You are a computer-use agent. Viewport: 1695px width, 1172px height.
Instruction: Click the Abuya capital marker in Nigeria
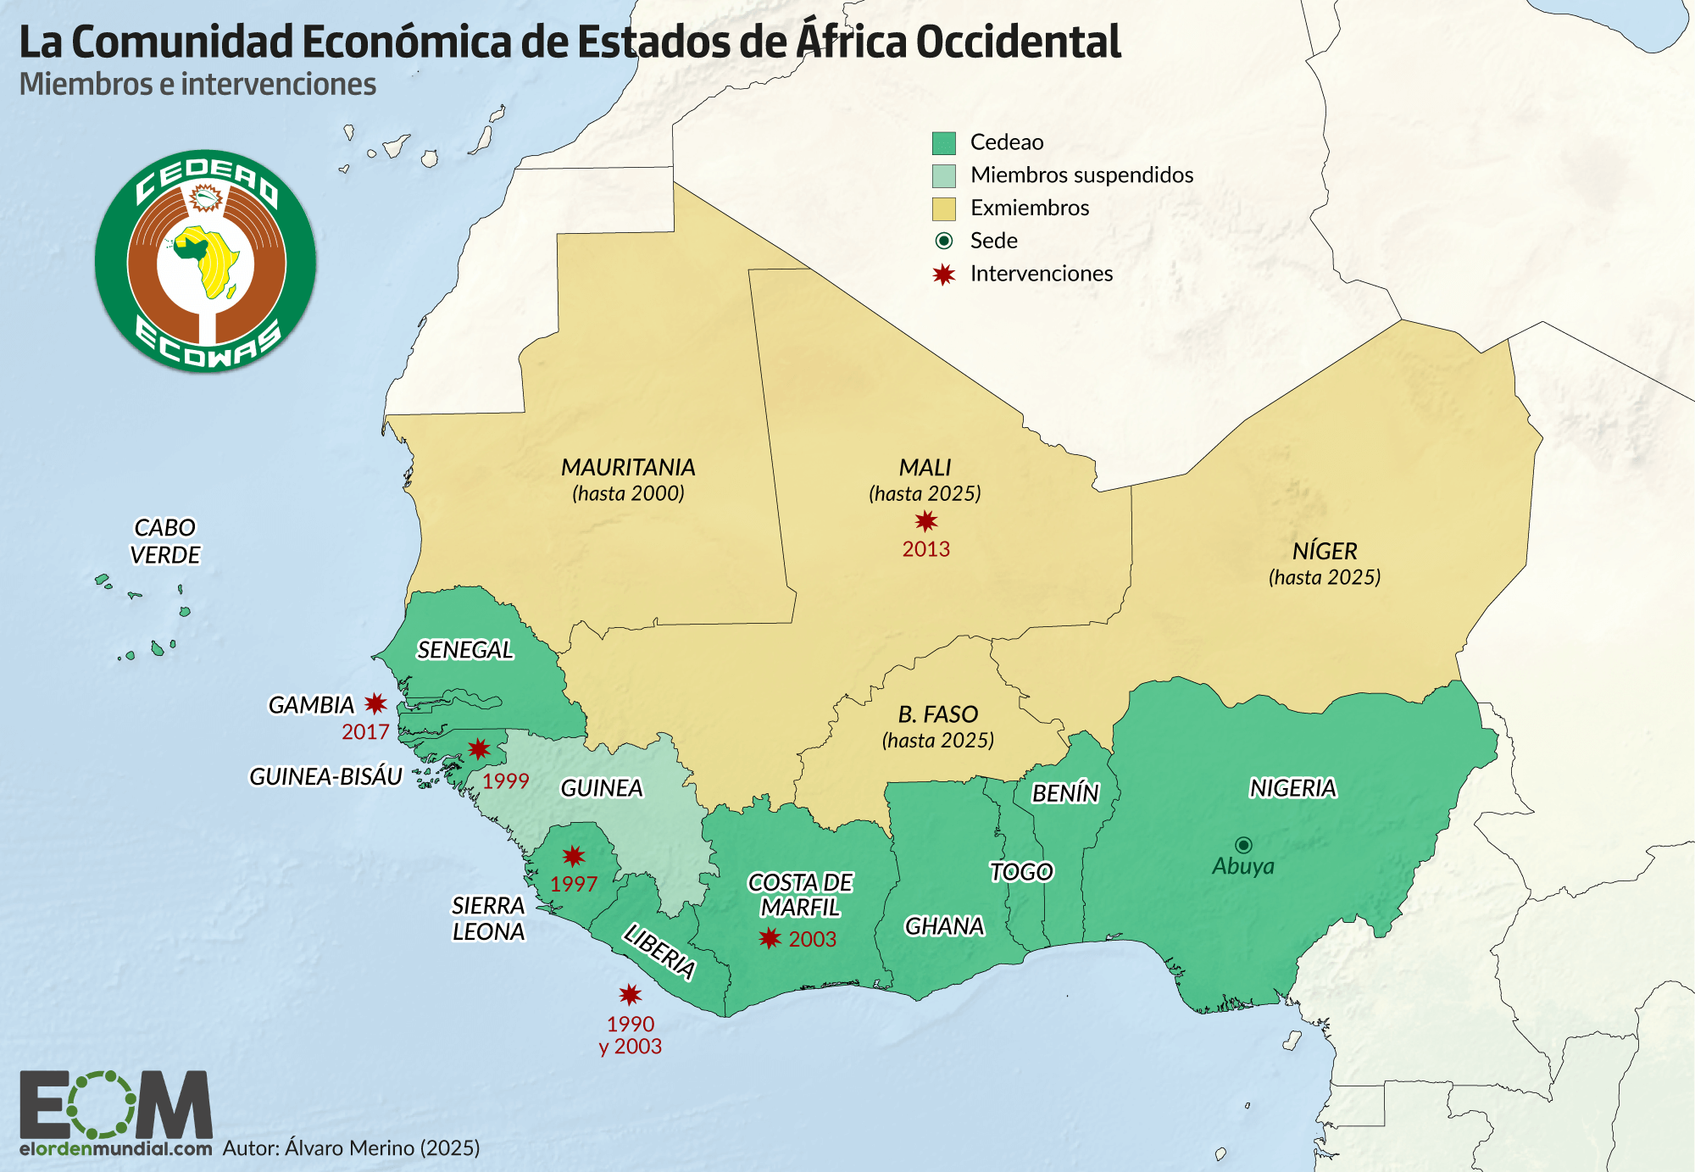tap(1243, 845)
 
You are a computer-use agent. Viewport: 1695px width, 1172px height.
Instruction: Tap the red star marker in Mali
tap(925, 521)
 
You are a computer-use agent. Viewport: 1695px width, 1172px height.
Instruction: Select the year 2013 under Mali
tap(925, 549)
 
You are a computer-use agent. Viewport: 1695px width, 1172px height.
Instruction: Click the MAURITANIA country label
tap(628, 467)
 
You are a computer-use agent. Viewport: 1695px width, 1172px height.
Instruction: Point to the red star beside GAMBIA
tap(375, 703)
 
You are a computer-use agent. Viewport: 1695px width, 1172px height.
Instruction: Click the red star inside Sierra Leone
tap(574, 856)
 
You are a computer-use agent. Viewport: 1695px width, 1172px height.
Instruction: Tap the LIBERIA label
tap(659, 952)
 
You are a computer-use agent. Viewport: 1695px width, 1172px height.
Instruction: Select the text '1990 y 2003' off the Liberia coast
tap(631, 1035)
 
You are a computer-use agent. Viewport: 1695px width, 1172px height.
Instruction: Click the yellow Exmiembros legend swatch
tap(943, 208)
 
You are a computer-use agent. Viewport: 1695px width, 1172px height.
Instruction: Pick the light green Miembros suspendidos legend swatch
tap(943, 175)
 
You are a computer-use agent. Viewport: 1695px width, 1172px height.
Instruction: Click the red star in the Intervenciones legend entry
tap(943, 275)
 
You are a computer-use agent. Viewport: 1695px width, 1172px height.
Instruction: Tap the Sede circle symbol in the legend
tap(943, 242)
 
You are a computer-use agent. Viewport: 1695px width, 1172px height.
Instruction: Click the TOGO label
tap(1021, 871)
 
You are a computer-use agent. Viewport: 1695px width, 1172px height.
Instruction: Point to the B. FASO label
tap(938, 714)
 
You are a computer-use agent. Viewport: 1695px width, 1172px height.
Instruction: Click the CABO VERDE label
tap(165, 541)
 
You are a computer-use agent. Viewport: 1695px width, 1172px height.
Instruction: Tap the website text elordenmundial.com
tap(116, 1149)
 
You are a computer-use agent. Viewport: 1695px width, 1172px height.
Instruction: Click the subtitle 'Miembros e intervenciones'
tap(197, 85)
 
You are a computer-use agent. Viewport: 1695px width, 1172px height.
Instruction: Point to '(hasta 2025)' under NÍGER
tap(1325, 577)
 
